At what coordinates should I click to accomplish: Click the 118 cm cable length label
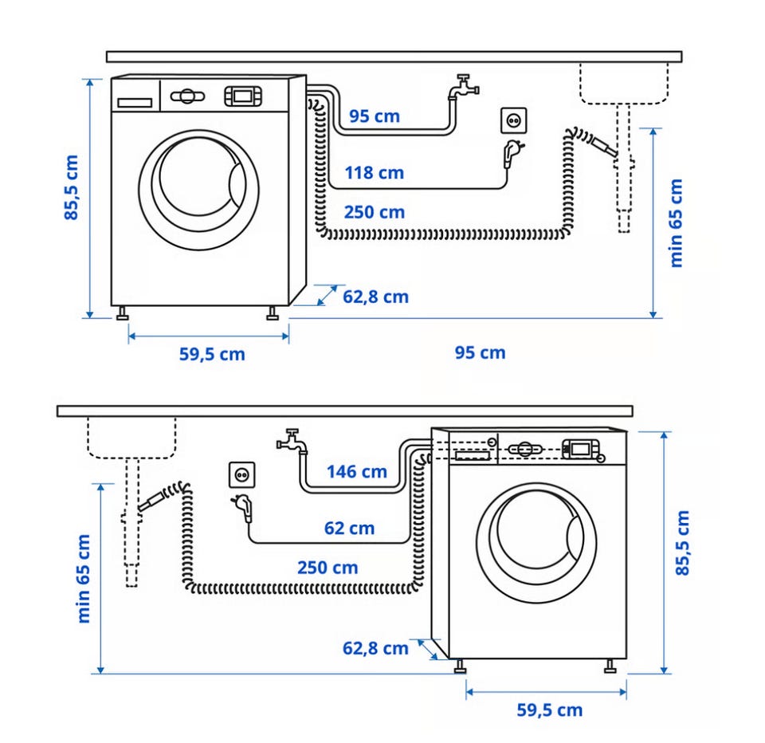click(375, 173)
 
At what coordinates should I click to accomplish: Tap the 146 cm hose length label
click(357, 472)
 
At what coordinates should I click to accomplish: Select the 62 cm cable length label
click(349, 529)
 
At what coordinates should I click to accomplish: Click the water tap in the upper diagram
click(464, 87)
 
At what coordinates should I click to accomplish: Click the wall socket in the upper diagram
click(514, 120)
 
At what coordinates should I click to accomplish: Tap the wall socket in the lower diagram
click(242, 475)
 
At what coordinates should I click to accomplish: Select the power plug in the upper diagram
click(513, 153)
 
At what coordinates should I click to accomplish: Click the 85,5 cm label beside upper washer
click(71, 187)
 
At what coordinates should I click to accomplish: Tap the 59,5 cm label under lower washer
click(549, 710)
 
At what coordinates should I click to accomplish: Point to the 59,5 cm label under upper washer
click(212, 354)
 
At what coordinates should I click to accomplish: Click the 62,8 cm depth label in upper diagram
click(375, 297)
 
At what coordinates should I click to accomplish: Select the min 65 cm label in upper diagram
click(676, 223)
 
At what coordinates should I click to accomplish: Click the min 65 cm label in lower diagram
click(84, 579)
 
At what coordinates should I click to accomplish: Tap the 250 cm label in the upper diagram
click(375, 212)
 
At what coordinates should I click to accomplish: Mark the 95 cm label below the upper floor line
click(480, 353)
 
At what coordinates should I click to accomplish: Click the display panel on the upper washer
click(243, 96)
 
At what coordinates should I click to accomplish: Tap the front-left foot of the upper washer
click(123, 313)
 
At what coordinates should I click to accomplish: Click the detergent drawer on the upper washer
click(135, 103)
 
